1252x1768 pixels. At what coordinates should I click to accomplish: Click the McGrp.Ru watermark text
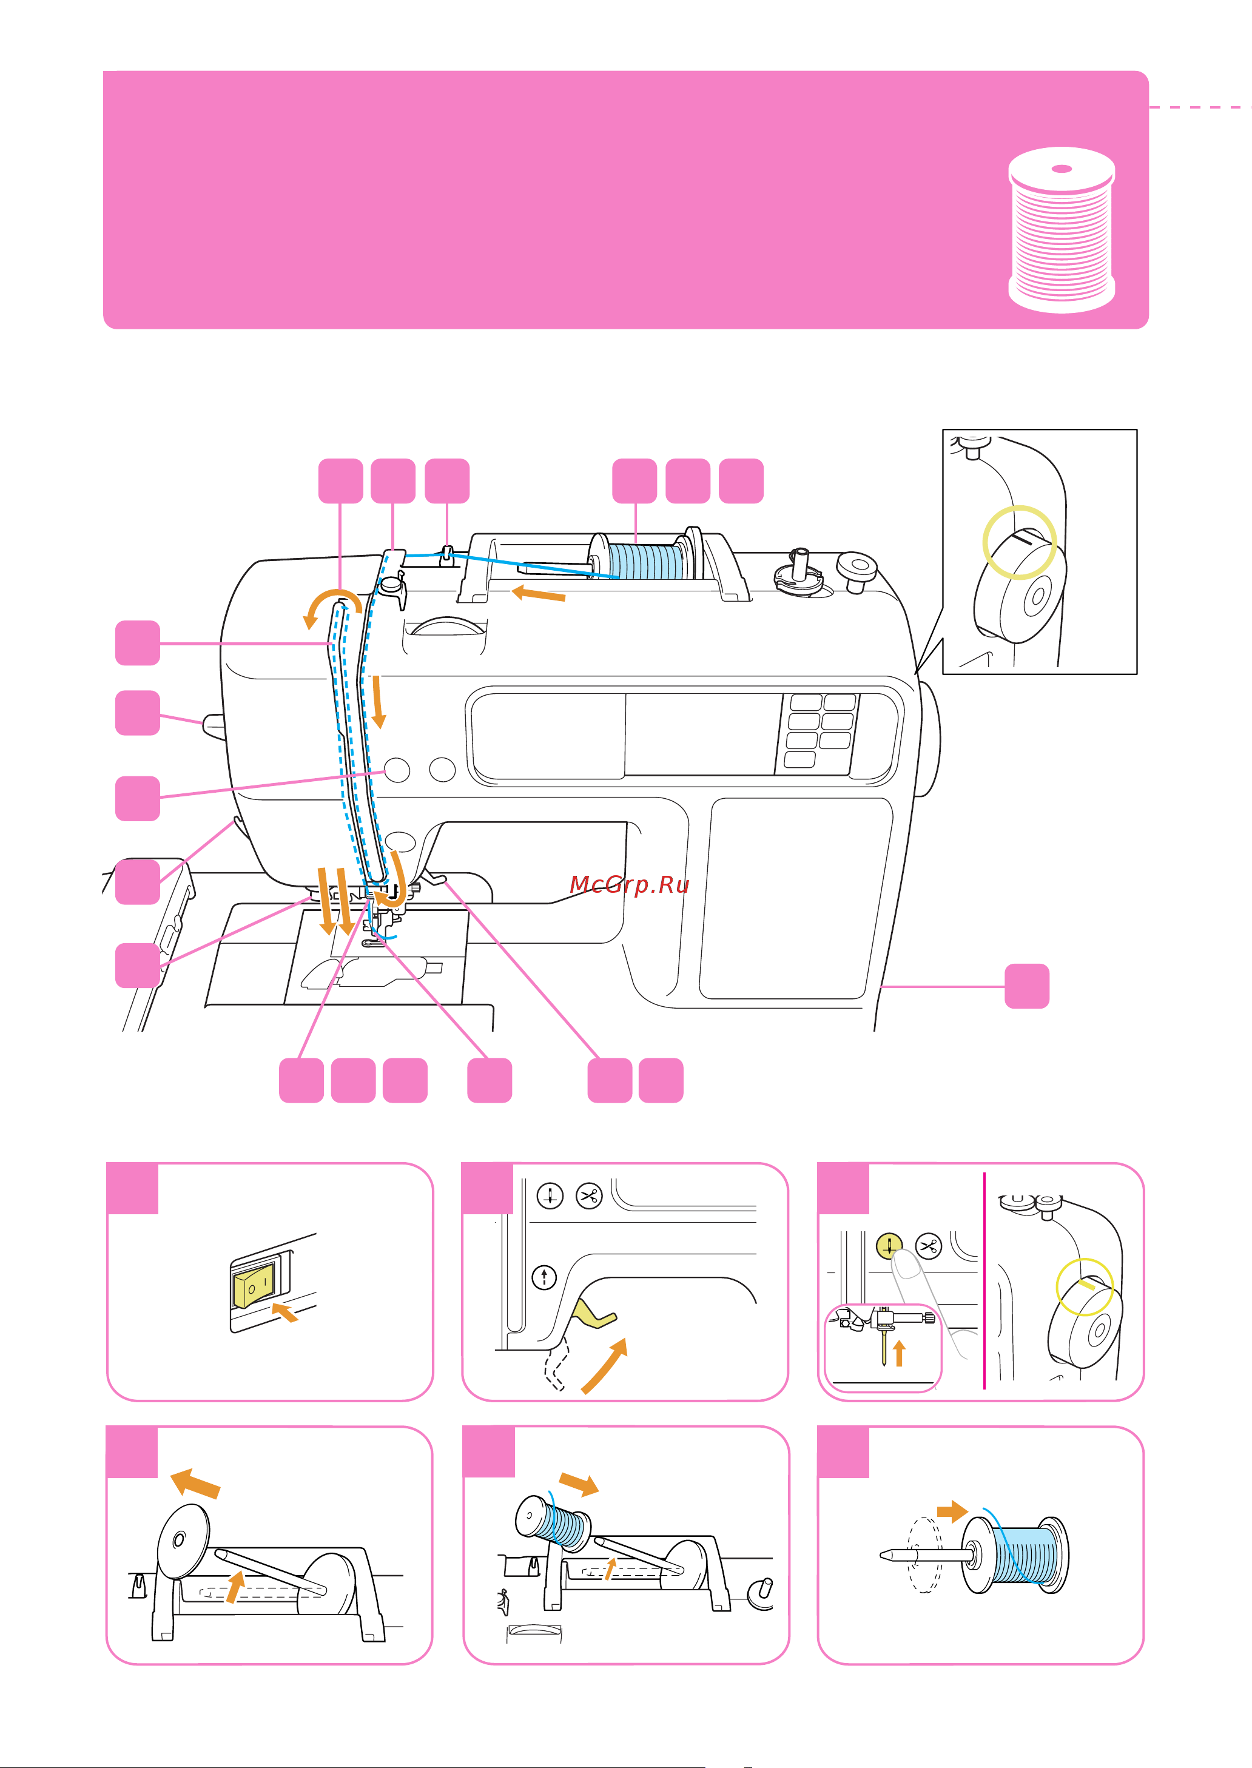[x=629, y=884]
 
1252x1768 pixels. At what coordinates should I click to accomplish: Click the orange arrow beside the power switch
[x=285, y=1313]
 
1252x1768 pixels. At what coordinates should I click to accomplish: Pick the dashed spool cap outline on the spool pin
[x=924, y=1555]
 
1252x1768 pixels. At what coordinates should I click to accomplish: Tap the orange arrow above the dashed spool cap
[x=952, y=1511]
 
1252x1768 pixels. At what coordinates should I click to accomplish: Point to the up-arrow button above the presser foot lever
[x=544, y=1277]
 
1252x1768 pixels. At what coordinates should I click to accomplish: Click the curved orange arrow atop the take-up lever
[x=330, y=606]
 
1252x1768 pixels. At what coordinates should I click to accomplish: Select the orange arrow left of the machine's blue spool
[x=539, y=593]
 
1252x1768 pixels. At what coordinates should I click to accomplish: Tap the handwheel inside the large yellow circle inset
[x=1020, y=589]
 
